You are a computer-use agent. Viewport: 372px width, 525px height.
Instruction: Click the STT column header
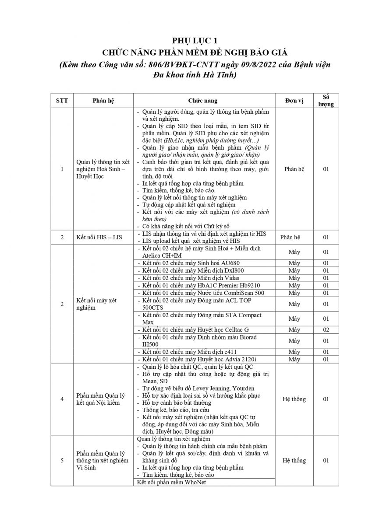tap(62, 100)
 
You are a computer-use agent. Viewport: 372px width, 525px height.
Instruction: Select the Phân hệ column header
tap(103, 100)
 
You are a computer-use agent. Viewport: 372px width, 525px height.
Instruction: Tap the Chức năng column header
tap(203, 100)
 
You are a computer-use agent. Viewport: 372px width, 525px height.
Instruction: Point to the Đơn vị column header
tap(294, 100)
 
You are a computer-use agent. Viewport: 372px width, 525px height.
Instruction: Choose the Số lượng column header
tap(326, 100)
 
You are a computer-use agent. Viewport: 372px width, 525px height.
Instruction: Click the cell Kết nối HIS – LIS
tap(99, 237)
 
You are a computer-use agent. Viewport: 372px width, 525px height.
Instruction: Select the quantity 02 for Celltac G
tap(326, 329)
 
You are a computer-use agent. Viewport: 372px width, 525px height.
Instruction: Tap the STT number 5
tap(62, 460)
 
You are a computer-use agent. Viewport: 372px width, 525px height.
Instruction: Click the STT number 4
tap(62, 399)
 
